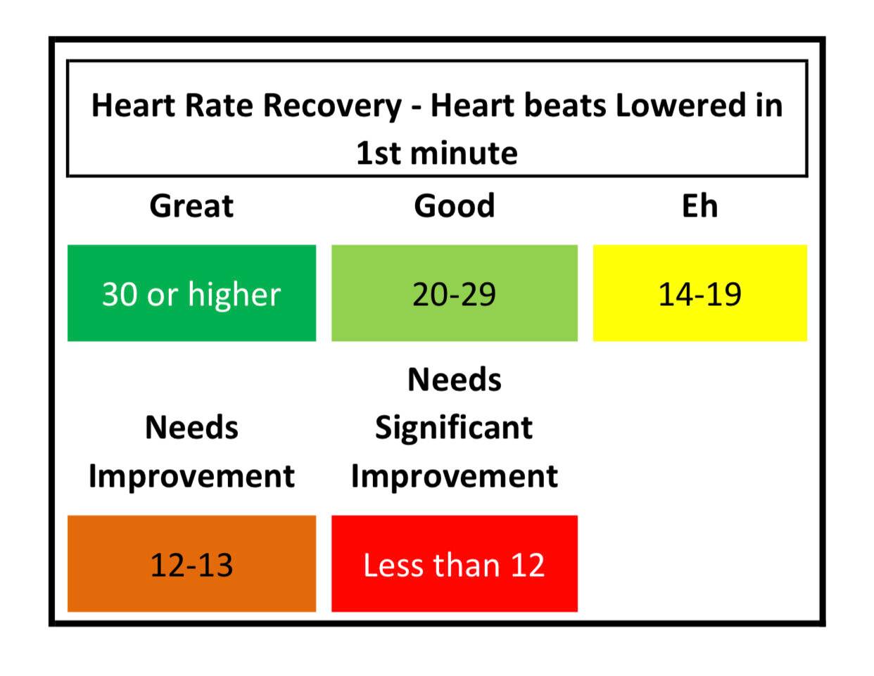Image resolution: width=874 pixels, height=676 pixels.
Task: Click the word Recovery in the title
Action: (x=332, y=106)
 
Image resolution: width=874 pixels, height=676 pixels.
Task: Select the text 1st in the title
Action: (x=378, y=153)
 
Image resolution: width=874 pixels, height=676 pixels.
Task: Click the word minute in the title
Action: (x=464, y=153)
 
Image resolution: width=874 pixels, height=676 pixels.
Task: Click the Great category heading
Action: (x=191, y=206)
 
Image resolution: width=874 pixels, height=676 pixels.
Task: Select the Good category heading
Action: (x=455, y=206)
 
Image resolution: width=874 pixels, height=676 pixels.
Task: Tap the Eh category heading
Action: (x=700, y=206)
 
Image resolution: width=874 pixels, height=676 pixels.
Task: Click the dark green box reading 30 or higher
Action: (x=192, y=293)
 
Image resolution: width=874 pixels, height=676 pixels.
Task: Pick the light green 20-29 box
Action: (x=455, y=293)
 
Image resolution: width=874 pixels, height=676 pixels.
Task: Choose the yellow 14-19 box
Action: (x=700, y=293)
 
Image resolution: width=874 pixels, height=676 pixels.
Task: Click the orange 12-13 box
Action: (x=192, y=563)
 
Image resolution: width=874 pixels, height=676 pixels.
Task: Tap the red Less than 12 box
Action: (x=455, y=563)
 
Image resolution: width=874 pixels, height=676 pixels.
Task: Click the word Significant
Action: (x=454, y=428)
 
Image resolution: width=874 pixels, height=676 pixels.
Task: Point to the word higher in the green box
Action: (x=234, y=294)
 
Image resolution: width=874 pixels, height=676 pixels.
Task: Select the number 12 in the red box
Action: (x=528, y=565)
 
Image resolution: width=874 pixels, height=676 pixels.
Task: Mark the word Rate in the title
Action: (x=219, y=106)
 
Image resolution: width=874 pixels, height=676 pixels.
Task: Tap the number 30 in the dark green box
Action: (x=120, y=294)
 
